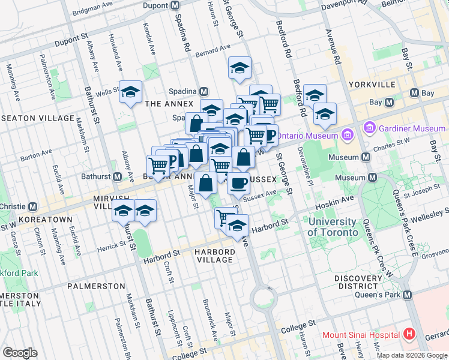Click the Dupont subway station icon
[175, 5]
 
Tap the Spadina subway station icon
[204, 91]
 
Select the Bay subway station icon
[414, 93]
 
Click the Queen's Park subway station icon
[408, 295]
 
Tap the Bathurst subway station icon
[118, 177]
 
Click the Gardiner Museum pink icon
[369, 128]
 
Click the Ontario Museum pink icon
[346, 135]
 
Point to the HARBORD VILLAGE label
[214, 256]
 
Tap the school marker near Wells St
[130, 92]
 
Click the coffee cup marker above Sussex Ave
[238, 183]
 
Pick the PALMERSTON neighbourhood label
[96, 286]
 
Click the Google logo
[20, 353]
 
